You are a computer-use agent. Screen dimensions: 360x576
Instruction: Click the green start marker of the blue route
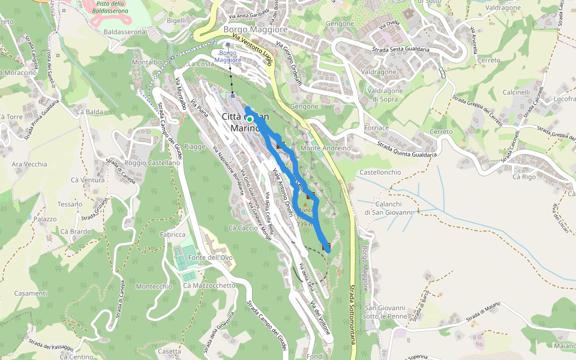[x=250, y=119]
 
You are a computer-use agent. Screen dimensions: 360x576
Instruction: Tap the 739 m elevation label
[x=305, y=224]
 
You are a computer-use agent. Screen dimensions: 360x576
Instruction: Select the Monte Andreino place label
[x=325, y=148]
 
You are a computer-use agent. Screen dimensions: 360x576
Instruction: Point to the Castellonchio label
[x=380, y=172]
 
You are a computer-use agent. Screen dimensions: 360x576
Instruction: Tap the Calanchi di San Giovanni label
[x=389, y=208]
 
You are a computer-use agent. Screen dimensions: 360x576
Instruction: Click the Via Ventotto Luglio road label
[x=252, y=50]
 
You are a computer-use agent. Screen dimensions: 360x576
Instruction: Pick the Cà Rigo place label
[x=524, y=177]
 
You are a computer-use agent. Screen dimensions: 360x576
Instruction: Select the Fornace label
[x=376, y=128]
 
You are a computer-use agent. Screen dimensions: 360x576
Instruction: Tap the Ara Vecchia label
[x=29, y=164]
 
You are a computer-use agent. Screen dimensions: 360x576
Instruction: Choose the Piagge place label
[x=196, y=146]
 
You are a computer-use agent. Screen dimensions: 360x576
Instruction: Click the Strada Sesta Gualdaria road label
[x=400, y=50]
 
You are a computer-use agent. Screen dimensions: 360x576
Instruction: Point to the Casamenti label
[x=31, y=293]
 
